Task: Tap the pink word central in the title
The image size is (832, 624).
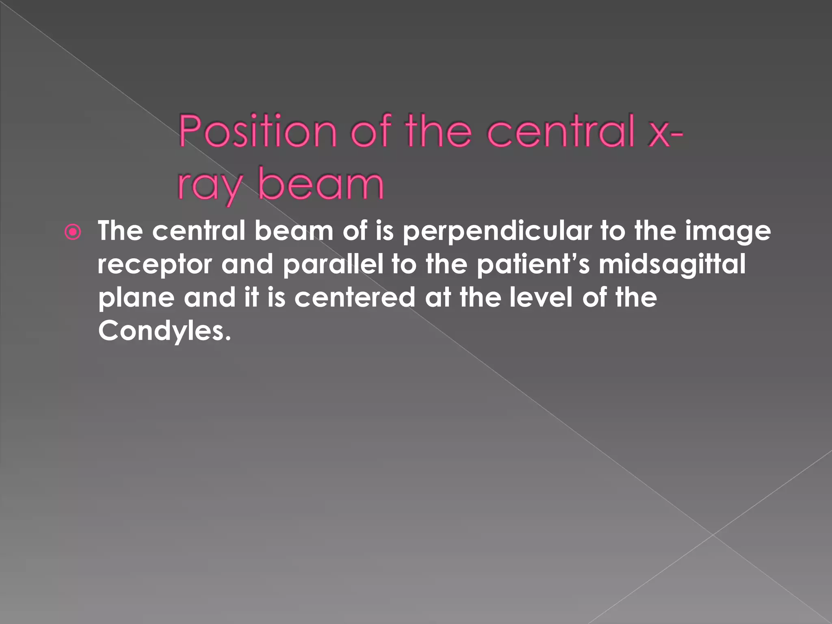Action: coord(561,132)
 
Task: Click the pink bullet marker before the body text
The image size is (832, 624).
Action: coord(73,233)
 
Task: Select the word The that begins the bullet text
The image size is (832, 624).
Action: coord(120,231)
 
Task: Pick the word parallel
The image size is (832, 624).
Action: coord(333,264)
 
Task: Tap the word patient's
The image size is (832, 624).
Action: coord(532,264)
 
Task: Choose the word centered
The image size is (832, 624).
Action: coord(355,297)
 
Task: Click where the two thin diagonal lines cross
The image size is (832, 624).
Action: coord(713,535)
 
